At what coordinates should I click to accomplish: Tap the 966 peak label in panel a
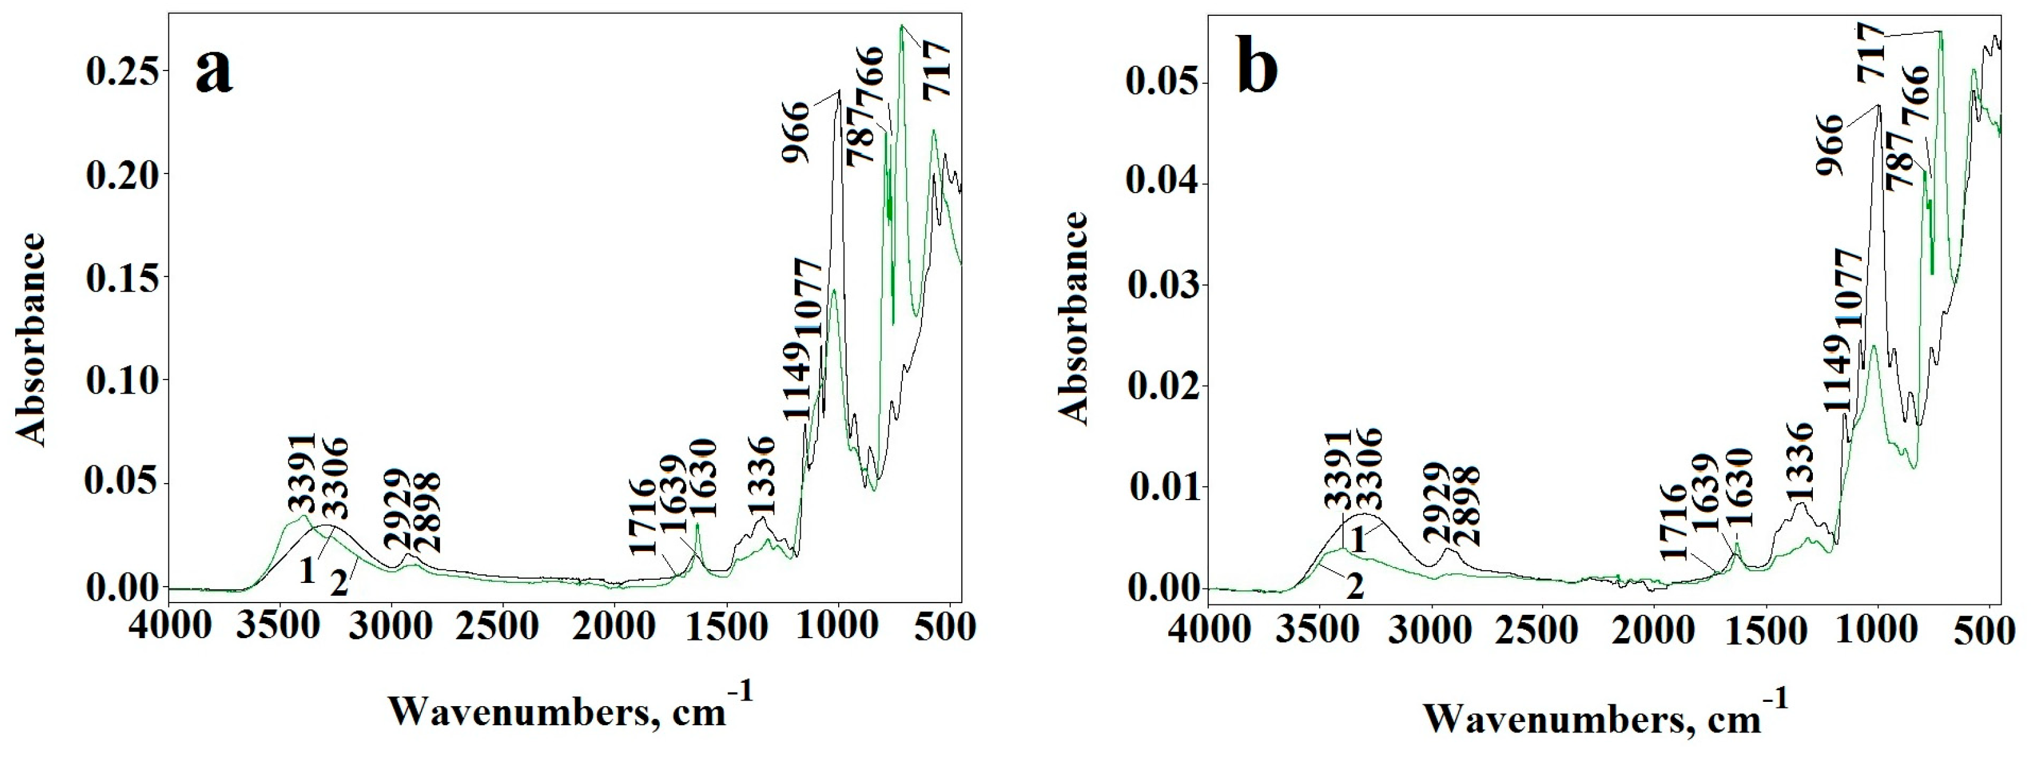click(796, 132)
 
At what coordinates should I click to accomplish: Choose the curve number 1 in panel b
click(1360, 541)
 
